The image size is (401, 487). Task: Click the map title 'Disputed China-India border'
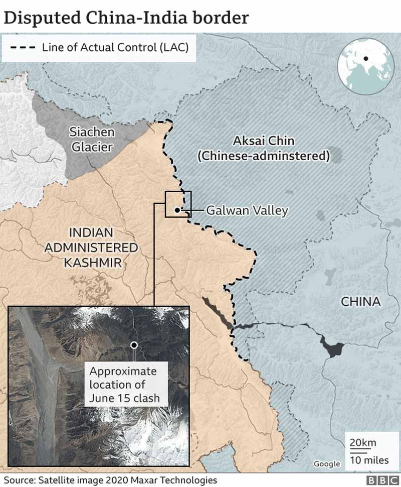126,18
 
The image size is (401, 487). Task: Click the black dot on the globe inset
366,59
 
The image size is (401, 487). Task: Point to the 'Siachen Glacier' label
92,139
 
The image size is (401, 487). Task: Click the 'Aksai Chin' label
264,141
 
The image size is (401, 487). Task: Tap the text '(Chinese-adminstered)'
264,156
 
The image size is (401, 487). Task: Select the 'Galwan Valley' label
247,210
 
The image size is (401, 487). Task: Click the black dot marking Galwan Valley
177,210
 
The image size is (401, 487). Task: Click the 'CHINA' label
361,302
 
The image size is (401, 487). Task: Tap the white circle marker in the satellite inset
134,345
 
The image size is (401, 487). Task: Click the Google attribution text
326,464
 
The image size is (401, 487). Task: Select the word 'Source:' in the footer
20,480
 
